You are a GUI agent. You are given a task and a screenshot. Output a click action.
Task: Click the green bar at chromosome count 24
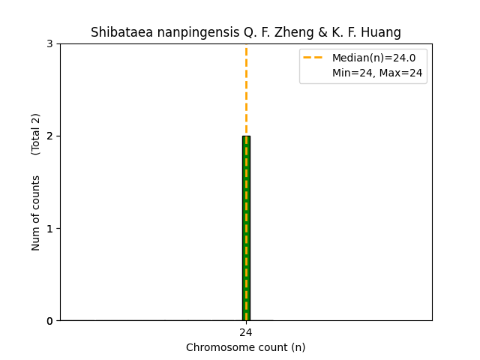246,228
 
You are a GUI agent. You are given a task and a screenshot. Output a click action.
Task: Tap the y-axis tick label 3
49,43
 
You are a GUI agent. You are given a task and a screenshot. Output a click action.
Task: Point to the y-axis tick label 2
49,136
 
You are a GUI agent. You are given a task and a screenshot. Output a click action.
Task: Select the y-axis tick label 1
49,228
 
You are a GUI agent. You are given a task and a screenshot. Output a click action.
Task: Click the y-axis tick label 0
49,321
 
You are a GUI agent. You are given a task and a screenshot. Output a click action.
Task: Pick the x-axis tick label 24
246,332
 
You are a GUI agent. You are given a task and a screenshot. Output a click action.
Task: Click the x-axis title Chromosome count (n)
246,347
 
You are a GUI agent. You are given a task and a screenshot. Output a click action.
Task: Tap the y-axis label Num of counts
36,213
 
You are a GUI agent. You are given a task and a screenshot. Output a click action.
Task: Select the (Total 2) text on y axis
36,134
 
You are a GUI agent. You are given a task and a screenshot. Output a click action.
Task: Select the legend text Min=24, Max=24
377,73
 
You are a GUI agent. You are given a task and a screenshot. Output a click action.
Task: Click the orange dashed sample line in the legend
313,58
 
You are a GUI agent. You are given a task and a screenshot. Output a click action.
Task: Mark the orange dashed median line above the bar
246,90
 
